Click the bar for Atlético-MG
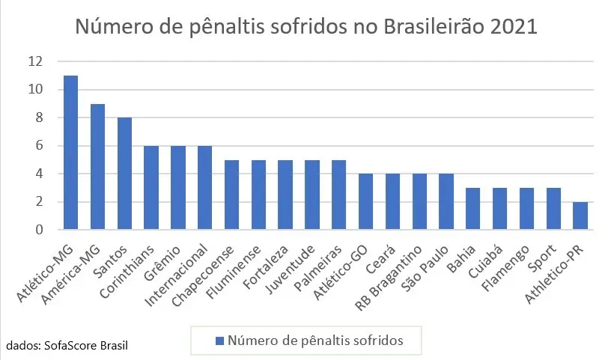[x=71, y=153]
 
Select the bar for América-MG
[x=97, y=167]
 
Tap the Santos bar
[x=124, y=174]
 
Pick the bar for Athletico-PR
[x=580, y=216]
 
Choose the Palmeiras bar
[x=339, y=195]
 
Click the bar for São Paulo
[x=446, y=202]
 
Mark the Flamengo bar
[x=526, y=209]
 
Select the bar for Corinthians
[x=151, y=188]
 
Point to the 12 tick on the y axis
[x=35, y=61]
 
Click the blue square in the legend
[x=219, y=341]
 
